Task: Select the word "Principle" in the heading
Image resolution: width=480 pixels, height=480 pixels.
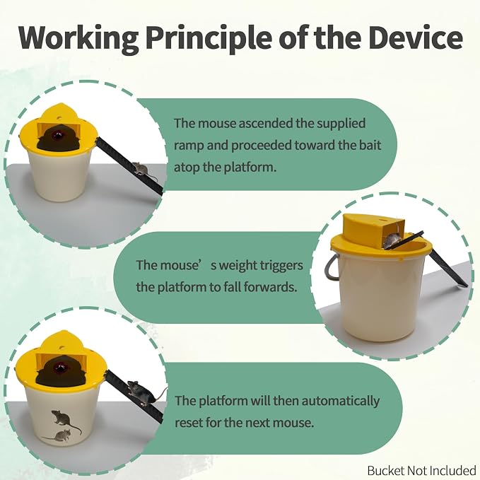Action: coord(209,40)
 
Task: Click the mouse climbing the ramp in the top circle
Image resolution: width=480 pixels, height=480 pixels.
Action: coord(141,170)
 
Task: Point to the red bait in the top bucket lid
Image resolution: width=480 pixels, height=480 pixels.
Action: coord(57,134)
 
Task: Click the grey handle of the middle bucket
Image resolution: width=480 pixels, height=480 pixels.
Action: coord(332,267)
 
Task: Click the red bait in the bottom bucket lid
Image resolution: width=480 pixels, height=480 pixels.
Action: coord(58,365)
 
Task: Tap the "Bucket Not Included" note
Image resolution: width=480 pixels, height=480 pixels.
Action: coord(422,471)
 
